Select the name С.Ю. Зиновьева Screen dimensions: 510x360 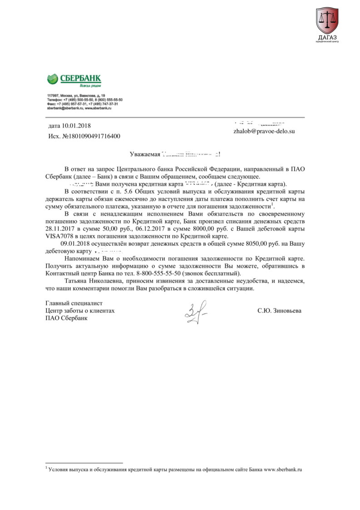pyautogui.click(x=279, y=311)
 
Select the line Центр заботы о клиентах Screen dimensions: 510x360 pyautogui.click(x=80, y=311)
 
